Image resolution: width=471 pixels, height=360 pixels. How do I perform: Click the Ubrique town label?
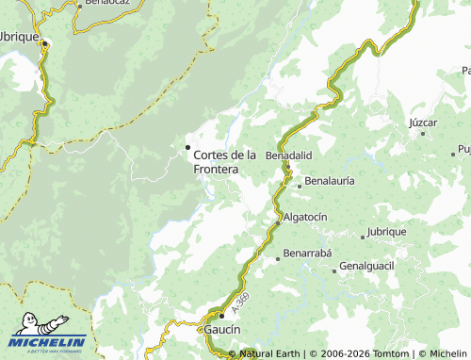click(x=19, y=36)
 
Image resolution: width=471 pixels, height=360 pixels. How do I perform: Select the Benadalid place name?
click(x=288, y=155)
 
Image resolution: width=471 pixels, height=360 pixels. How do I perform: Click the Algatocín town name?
click(x=305, y=217)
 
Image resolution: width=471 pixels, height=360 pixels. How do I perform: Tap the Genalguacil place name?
click(x=366, y=267)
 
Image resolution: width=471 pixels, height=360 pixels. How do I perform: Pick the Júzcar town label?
click(x=424, y=123)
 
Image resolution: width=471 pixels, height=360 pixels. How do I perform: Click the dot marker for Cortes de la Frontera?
click(x=187, y=147)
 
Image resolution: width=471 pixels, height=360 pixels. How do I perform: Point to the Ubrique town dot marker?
click(x=44, y=42)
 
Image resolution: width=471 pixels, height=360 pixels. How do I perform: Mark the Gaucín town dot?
click(x=222, y=316)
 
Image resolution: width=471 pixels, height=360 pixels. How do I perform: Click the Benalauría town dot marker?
click(x=299, y=186)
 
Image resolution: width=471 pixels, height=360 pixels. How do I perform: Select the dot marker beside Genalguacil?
click(x=334, y=270)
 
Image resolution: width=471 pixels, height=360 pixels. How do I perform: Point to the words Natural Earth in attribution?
click(x=269, y=353)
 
